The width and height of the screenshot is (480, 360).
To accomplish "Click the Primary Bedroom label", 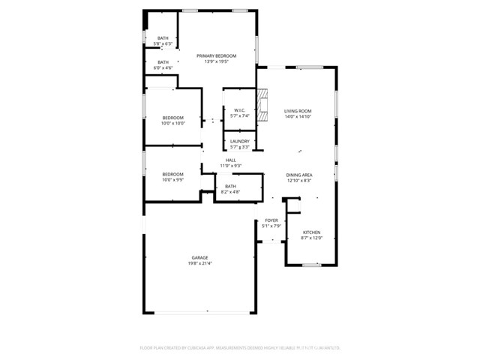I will (x=216, y=55).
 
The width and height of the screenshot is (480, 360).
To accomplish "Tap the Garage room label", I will (x=199, y=257).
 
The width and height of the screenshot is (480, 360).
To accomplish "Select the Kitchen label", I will (x=311, y=232).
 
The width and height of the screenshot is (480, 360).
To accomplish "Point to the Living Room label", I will (x=298, y=111).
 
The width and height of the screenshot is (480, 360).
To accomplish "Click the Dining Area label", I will (x=298, y=175).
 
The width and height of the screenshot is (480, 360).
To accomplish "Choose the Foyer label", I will (x=271, y=220).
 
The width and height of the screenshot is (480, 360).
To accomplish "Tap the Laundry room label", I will (x=240, y=141).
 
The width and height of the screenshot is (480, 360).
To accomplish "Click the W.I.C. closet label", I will (x=240, y=110).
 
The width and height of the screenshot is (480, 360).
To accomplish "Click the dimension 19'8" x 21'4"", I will (x=199, y=263).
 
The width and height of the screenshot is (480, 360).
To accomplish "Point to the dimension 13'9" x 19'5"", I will (x=216, y=61).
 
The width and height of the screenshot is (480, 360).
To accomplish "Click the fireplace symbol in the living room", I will (x=262, y=105).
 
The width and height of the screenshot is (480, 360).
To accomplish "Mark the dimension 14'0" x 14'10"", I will (x=298, y=117).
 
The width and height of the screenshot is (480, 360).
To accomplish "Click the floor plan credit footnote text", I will (x=240, y=347).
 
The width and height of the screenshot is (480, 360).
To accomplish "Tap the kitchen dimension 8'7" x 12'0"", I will (x=311, y=238).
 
